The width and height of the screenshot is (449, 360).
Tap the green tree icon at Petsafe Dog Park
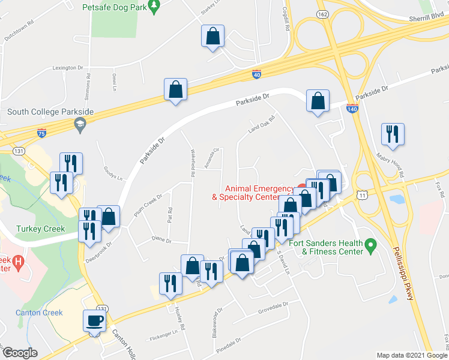click(x=155, y=7)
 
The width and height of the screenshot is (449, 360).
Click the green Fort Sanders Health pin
click(x=370, y=244)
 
